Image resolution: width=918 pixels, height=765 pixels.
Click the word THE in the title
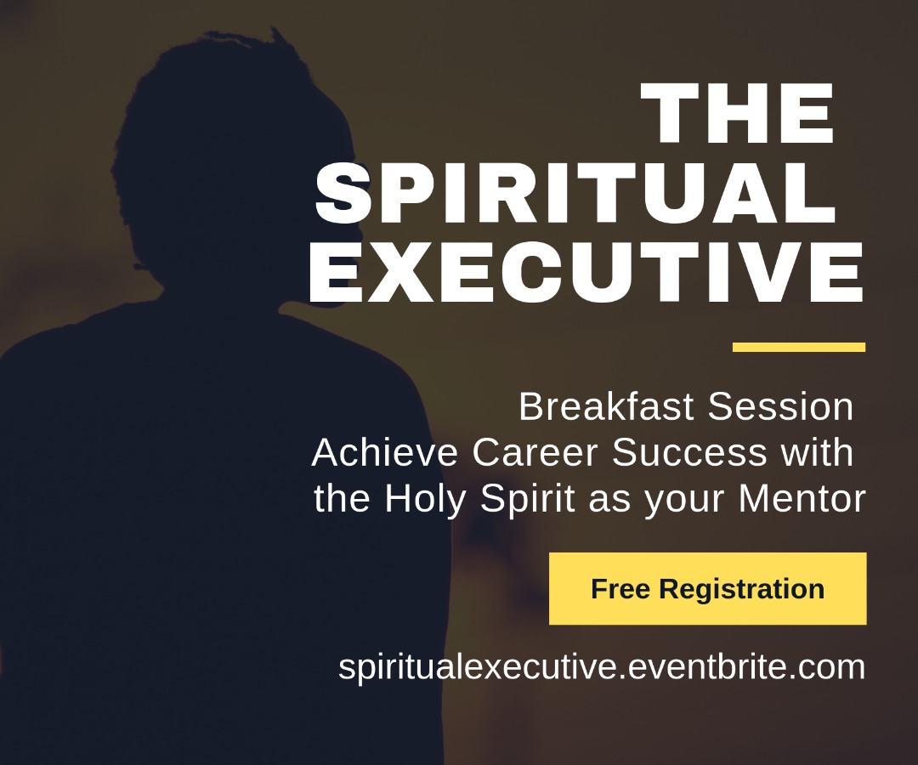[x=738, y=113]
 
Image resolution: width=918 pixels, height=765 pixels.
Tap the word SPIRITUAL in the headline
[x=575, y=193]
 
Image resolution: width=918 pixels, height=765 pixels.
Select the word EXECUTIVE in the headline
[x=586, y=272]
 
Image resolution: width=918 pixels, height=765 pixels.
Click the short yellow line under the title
[x=798, y=347]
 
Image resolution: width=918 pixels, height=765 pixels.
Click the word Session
[x=780, y=406]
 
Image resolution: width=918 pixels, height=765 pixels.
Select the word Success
[x=689, y=452]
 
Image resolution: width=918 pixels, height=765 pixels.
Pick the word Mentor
[x=802, y=499]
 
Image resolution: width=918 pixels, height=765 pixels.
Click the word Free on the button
[x=620, y=588]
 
